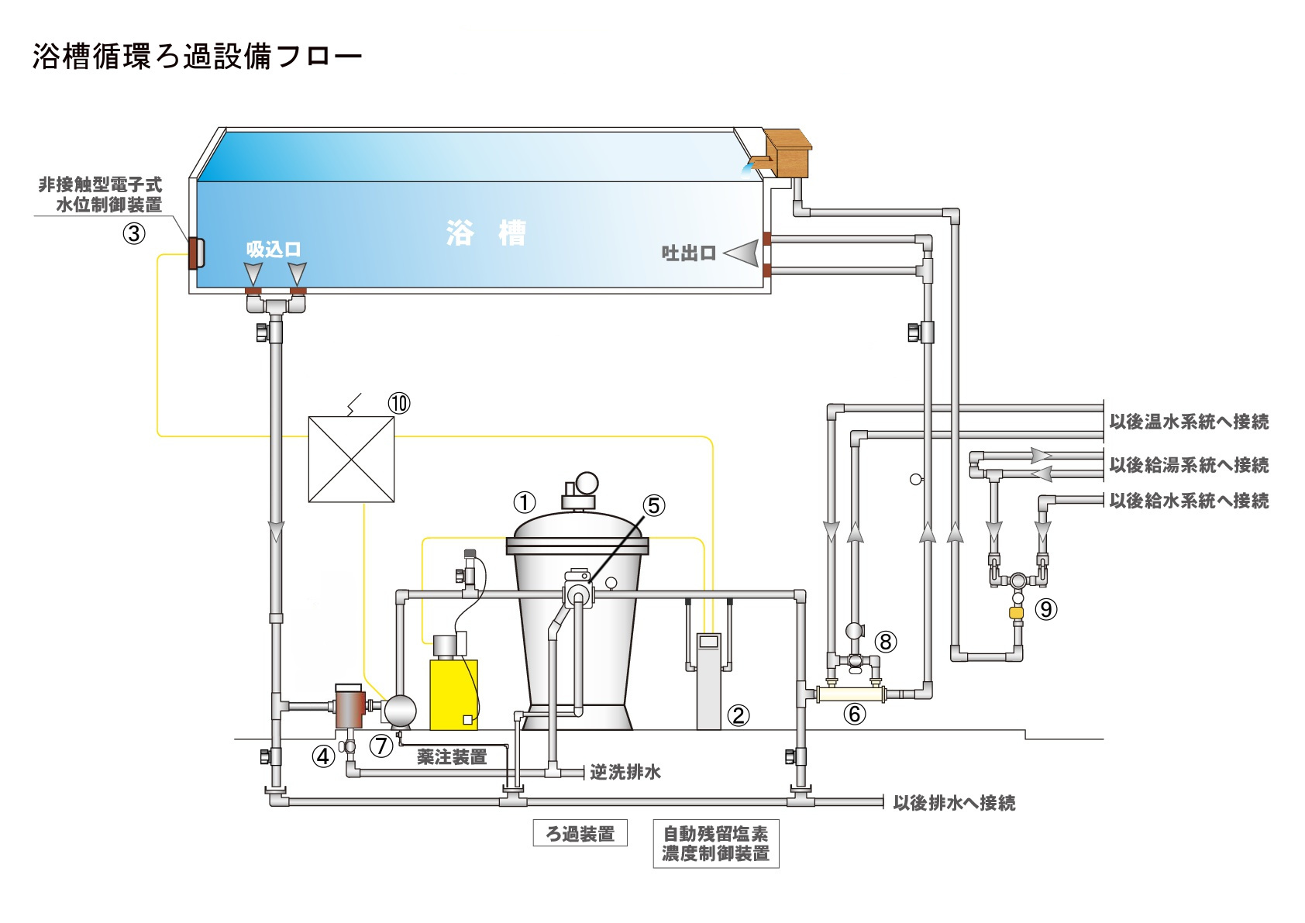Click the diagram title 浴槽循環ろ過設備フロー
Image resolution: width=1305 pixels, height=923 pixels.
pyautogui.click(x=197, y=57)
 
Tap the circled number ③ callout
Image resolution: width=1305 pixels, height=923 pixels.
pyautogui.click(x=134, y=233)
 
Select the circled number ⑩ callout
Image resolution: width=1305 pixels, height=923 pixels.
pyautogui.click(x=399, y=403)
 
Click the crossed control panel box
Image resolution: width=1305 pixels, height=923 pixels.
pyautogui.click(x=351, y=460)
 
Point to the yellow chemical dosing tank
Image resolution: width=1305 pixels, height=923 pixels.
pyautogui.click(x=453, y=694)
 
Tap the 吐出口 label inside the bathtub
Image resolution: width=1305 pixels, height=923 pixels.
pyautogui.click(x=688, y=253)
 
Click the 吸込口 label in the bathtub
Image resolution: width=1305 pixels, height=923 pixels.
pyautogui.click(x=274, y=250)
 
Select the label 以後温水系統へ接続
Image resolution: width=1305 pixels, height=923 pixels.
pyautogui.click(x=1189, y=422)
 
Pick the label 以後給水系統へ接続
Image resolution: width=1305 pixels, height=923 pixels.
pyautogui.click(x=1189, y=501)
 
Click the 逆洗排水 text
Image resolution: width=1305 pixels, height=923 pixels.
pyautogui.click(x=625, y=772)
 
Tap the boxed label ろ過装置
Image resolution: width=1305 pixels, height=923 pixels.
pyautogui.click(x=580, y=834)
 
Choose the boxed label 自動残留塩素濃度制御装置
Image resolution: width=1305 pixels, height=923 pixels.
pyautogui.click(x=715, y=844)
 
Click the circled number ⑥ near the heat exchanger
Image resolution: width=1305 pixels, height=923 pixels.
pyautogui.click(x=854, y=714)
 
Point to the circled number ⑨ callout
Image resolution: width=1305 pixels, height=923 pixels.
pyautogui.click(x=1046, y=609)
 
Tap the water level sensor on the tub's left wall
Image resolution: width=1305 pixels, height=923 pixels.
pyautogui.click(x=195, y=253)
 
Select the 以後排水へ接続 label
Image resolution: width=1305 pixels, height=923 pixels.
pyautogui.click(x=954, y=803)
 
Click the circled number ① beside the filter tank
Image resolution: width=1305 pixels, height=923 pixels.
pyautogui.click(x=525, y=502)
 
